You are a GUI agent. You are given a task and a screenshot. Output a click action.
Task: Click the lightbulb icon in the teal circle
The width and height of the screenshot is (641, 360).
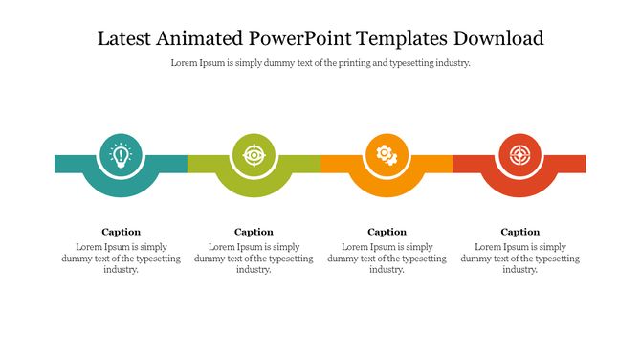click(121, 153)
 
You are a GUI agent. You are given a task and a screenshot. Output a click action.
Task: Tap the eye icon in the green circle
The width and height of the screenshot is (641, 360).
click(254, 153)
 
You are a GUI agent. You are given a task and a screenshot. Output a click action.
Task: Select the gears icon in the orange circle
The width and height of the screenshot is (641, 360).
click(387, 153)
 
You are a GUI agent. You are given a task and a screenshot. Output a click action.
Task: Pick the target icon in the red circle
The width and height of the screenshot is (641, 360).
click(519, 153)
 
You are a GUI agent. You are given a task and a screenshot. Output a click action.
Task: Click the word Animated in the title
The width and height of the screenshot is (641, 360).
click(196, 39)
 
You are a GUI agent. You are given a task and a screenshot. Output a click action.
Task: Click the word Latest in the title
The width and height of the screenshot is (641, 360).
click(124, 39)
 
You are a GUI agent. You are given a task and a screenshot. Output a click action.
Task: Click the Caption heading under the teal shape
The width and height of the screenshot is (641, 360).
click(121, 232)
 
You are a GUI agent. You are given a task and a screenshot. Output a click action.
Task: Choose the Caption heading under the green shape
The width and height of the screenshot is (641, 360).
click(254, 232)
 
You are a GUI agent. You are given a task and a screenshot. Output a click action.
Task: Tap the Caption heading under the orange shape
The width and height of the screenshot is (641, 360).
click(387, 232)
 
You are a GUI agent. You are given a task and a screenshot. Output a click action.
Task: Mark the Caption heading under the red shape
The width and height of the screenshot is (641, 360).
click(519, 232)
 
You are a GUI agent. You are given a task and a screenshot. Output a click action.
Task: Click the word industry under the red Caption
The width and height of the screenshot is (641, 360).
click(519, 270)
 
